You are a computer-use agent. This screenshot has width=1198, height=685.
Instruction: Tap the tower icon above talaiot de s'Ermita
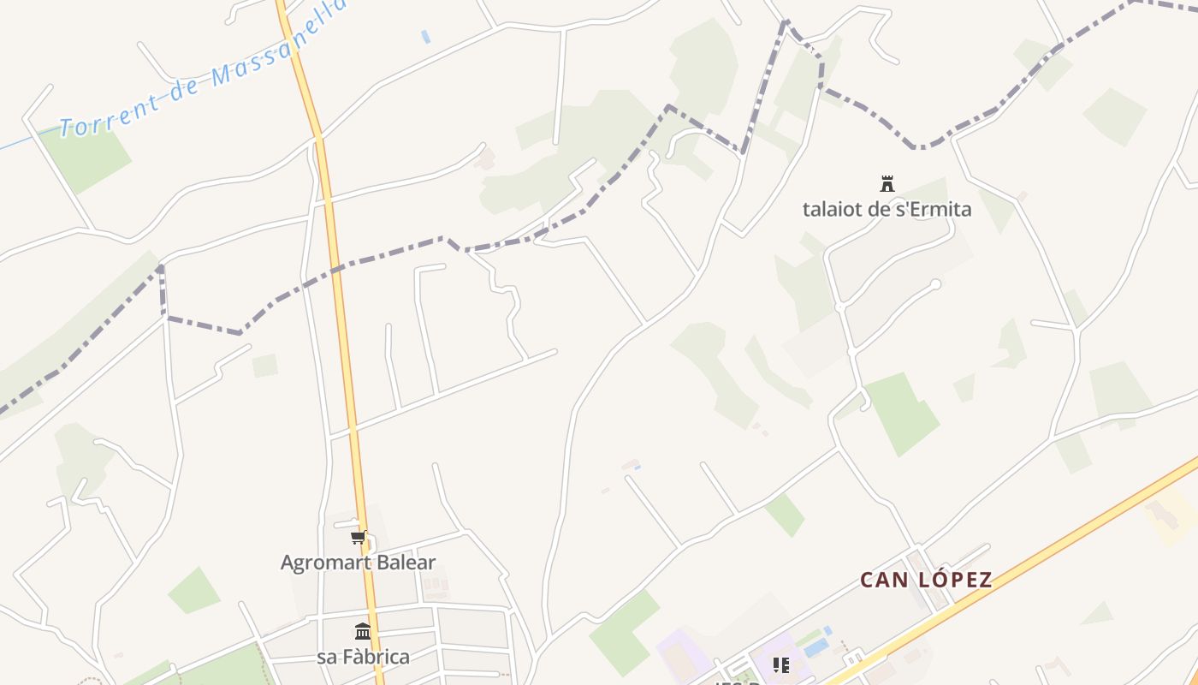point(887,183)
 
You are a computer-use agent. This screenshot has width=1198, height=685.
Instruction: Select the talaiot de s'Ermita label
point(887,209)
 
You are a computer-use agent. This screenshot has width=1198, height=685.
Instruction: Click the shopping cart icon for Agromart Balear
point(359,538)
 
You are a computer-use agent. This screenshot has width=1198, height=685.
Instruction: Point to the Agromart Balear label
point(359,563)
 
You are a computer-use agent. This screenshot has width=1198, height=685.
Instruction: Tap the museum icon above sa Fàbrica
point(363,632)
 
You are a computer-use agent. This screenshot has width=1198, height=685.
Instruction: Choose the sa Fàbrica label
point(363,657)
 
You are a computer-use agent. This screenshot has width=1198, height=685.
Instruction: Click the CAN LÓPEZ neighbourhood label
point(926,580)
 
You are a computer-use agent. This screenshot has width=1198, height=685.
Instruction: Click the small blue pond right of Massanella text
point(425,37)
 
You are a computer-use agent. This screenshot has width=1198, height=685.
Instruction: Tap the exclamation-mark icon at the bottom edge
point(780,664)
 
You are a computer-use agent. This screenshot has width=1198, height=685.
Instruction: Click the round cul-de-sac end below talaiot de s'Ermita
point(935,284)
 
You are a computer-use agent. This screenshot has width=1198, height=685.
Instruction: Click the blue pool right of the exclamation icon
point(816,645)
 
